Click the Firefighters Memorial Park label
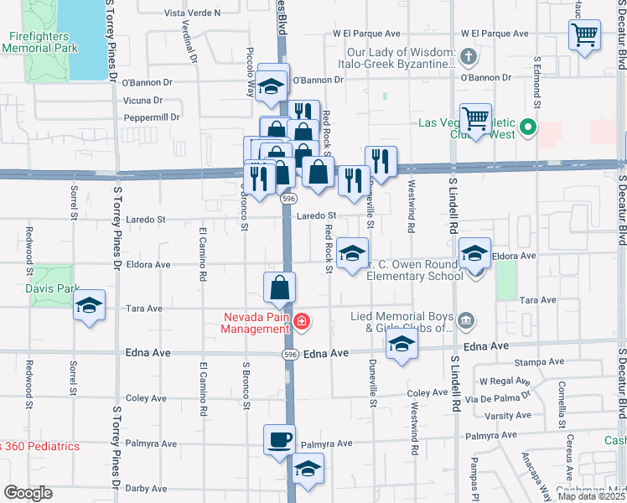pyautogui.click(x=40, y=42)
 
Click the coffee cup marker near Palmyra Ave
pyautogui.click(x=279, y=439)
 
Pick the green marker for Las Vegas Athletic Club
pyautogui.click(x=527, y=128)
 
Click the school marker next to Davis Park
pyautogui.click(x=88, y=307)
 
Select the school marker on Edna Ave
pyautogui.click(x=402, y=344)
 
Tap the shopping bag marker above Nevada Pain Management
pyautogui.click(x=279, y=288)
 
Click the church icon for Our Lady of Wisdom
pyautogui.click(x=468, y=58)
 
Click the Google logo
pyautogui.click(x=28, y=493)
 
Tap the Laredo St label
pyautogui.click(x=319, y=215)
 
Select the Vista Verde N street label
pyautogui.click(x=192, y=13)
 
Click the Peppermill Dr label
pyautogui.click(x=152, y=117)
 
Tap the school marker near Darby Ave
pyautogui.click(x=308, y=470)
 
